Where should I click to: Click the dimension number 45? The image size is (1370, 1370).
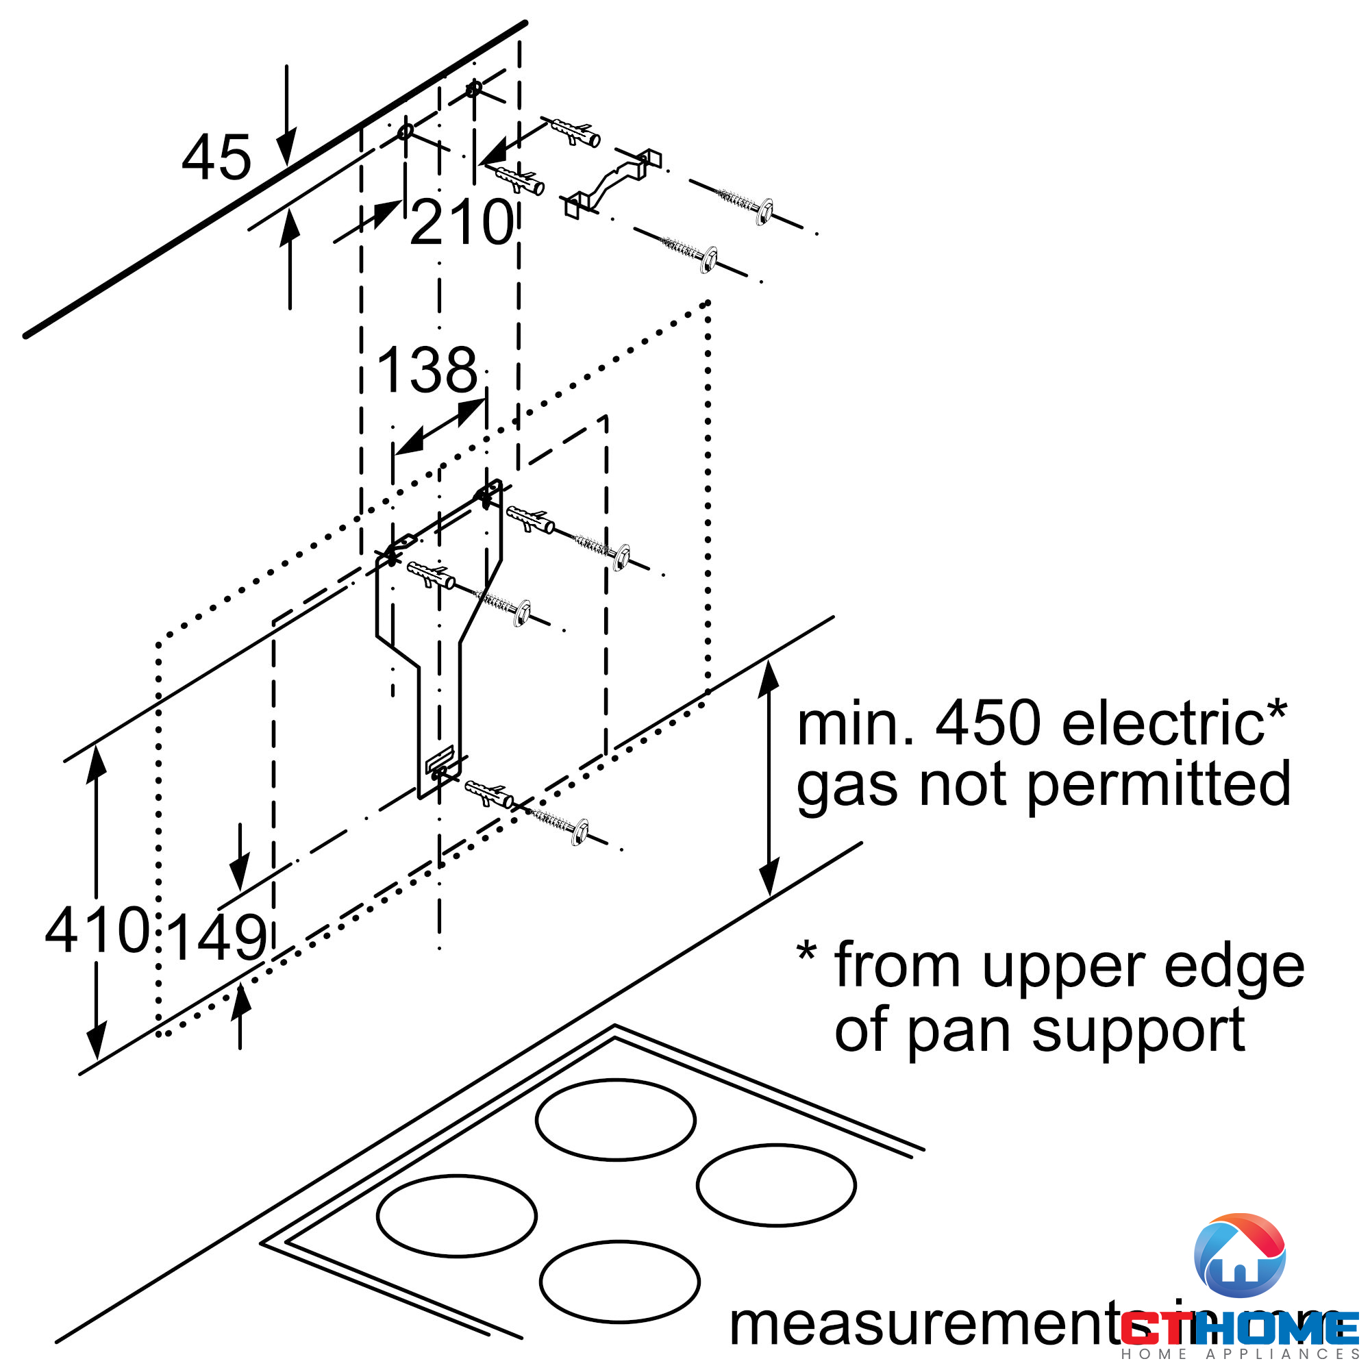tap(216, 158)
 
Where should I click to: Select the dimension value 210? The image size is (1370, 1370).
tap(462, 223)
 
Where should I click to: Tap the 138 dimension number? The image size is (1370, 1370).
tap(427, 370)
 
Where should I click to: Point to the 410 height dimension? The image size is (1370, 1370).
tap(97, 930)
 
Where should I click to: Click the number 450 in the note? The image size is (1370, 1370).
tap(989, 725)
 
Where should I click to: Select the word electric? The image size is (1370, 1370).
tap(1164, 725)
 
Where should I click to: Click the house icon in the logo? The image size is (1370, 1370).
tap(1240, 1256)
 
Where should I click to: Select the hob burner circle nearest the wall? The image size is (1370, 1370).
tap(616, 1120)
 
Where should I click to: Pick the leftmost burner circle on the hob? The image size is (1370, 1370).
tap(457, 1215)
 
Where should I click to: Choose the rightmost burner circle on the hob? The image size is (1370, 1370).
tap(776, 1185)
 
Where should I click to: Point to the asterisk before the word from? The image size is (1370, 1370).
tap(806, 952)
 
